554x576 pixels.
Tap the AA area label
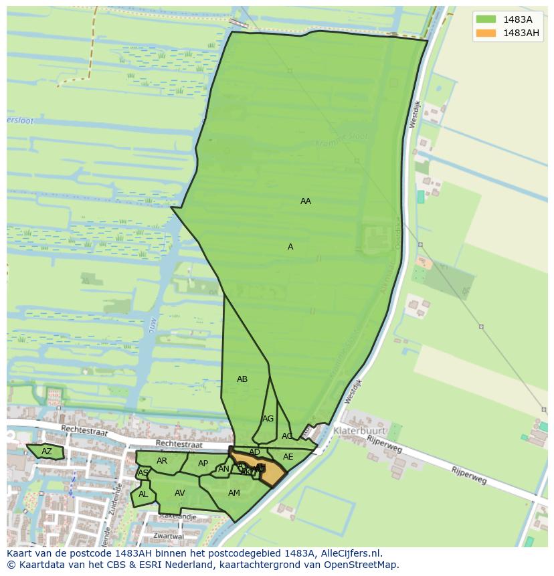[306, 201]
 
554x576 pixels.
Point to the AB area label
[242, 379]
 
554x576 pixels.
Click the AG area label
[268, 419]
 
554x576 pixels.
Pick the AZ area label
[46, 452]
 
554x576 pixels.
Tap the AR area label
[162, 461]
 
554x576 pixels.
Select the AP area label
[203, 464]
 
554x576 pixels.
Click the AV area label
[179, 493]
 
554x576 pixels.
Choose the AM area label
[234, 493]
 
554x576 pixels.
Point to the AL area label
[143, 494]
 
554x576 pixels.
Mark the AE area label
[288, 457]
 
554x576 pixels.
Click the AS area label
[143, 473]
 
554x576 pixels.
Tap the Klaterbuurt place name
[361, 431]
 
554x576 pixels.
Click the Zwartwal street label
[168, 536]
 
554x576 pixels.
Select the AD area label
[254, 452]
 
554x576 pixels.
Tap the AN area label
[223, 469]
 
